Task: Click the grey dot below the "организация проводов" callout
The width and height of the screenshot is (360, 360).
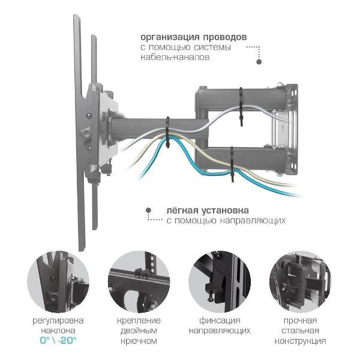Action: coord(259,62)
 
